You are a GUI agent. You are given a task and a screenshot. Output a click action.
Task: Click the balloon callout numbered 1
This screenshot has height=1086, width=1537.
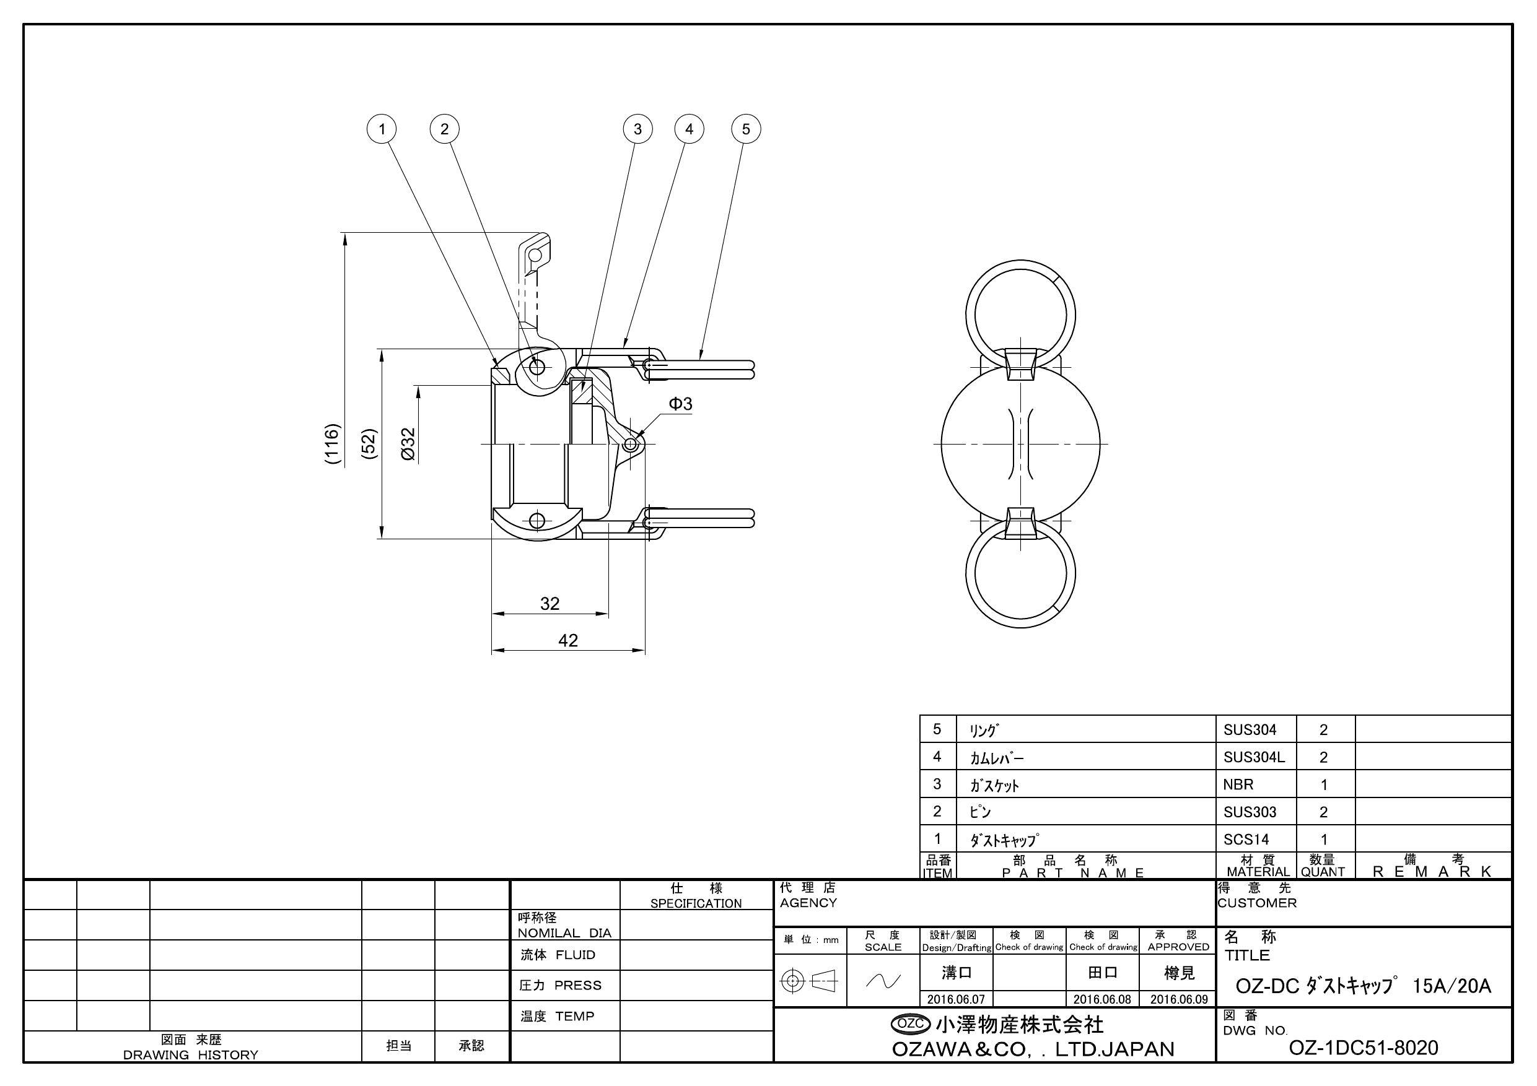pos(382,128)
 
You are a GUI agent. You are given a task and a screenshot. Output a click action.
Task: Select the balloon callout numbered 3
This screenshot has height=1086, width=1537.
pos(637,128)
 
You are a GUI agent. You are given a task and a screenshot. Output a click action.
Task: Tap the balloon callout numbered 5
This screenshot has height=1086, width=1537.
pos(747,128)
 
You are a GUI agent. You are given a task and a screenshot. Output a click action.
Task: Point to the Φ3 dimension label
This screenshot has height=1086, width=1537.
pos(680,404)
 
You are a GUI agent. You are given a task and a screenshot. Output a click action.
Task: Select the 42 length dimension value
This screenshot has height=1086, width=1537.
pos(567,640)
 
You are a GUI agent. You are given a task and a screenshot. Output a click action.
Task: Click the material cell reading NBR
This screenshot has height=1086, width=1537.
pos(1238,784)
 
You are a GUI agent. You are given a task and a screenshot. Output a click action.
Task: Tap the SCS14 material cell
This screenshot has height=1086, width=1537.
pos(1246,839)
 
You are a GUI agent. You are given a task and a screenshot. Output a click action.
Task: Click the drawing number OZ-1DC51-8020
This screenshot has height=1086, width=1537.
pos(1363,1047)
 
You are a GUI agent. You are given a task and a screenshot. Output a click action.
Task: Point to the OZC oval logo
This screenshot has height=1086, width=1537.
pos(911,1023)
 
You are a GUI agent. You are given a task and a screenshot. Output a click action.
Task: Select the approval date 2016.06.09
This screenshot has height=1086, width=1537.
pos(1179,999)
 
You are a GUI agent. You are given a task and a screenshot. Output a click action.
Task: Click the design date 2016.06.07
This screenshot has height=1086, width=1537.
pos(956,999)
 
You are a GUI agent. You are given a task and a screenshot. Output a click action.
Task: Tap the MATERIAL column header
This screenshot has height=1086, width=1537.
pos(1258,871)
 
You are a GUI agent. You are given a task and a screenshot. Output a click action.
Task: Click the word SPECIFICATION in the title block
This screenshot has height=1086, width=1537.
pos(696,903)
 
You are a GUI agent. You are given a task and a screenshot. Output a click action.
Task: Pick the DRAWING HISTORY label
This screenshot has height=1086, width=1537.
pos(191,1054)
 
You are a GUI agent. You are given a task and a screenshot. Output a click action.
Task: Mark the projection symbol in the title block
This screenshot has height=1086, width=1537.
pos(809,981)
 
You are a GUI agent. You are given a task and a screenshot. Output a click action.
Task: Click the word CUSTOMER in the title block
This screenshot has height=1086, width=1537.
pos(1257,903)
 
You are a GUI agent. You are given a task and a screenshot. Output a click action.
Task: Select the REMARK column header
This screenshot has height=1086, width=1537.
pos(1432,871)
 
